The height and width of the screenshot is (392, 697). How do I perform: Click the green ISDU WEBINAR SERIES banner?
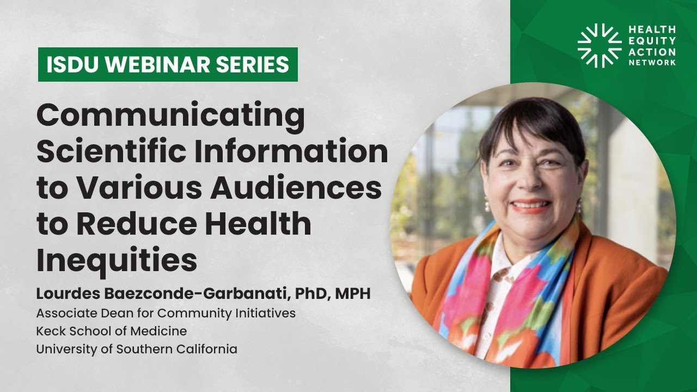168,65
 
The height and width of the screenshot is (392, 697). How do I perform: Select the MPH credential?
352,294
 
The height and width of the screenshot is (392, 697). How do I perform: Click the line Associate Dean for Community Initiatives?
166,313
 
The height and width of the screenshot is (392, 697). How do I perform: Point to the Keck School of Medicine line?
111,330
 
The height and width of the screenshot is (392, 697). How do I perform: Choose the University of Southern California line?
137,348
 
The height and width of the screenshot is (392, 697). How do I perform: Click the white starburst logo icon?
598,45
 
